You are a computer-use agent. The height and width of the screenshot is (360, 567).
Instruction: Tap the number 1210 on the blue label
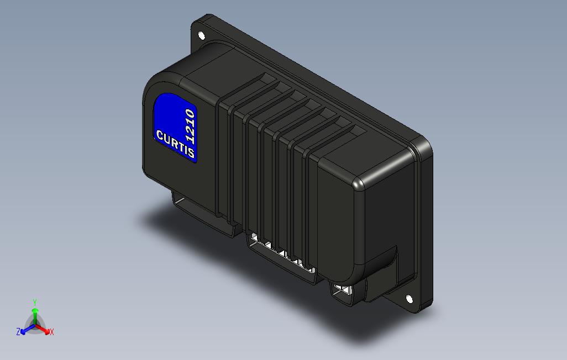click(x=190, y=126)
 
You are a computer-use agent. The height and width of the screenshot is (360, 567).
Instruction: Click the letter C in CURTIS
click(x=160, y=135)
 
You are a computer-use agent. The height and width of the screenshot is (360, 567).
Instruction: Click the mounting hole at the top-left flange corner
click(x=202, y=36)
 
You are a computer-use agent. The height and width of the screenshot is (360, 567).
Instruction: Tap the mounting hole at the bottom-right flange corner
click(x=409, y=299)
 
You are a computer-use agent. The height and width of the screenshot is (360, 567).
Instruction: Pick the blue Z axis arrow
click(x=25, y=330)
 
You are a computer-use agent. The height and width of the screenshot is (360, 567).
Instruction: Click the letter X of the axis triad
click(x=51, y=332)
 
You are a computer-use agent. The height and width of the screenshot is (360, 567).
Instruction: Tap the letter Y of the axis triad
click(x=35, y=302)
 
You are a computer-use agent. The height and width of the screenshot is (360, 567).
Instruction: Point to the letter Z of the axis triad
click(x=18, y=332)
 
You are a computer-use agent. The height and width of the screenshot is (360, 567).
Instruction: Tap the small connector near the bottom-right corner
click(x=344, y=291)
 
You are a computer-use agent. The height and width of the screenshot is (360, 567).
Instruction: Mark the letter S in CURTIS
click(x=191, y=153)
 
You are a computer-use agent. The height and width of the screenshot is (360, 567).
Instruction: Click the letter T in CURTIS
click(x=180, y=146)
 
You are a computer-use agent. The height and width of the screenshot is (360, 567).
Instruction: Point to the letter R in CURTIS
click(x=174, y=142)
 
